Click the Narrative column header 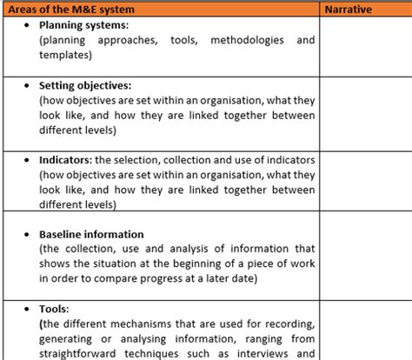tap(348, 10)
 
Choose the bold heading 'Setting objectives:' tap(85, 86)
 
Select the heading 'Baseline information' tap(91, 235)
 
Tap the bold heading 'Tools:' tap(55, 308)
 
